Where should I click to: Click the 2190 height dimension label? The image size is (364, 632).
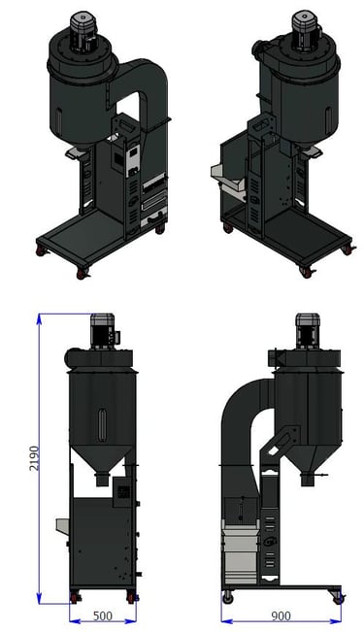click(x=35, y=458)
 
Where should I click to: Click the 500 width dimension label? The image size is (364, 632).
click(x=103, y=616)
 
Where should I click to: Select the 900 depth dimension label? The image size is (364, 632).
click(x=281, y=616)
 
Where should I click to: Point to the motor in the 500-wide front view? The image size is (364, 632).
click(x=103, y=332)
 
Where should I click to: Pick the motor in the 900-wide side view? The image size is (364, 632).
click(x=308, y=331)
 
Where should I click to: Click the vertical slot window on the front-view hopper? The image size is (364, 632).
click(x=103, y=425)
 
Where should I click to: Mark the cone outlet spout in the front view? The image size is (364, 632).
click(x=102, y=479)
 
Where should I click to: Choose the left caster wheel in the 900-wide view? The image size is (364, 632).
click(x=228, y=597)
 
